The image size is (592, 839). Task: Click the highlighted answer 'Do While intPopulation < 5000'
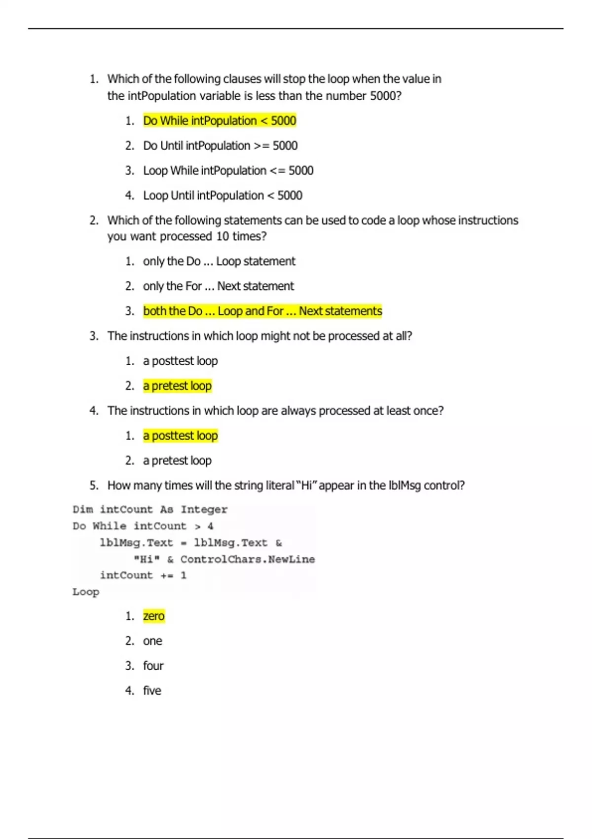click(x=220, y=121)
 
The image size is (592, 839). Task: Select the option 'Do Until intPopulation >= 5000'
click(x=220, y=146)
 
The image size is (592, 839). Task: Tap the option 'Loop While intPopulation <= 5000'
click(x=228, y=171)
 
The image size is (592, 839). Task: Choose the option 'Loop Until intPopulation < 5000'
click(x=222, y=195)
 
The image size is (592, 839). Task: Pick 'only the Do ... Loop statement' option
click(x=219, y=262)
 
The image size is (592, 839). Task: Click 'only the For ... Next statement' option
click(x=218, y=286)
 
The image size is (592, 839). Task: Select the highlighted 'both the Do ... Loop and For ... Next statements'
click(x=262, y=311)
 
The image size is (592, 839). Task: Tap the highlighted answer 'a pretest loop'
click(x=177, y=386)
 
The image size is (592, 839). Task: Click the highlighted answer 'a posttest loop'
click(x=180, y=436)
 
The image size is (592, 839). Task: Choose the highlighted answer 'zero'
click(x=153, y=616)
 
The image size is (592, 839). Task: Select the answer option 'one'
click(x=152, y=641)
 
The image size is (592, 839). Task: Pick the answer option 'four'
click(x=153, y=666)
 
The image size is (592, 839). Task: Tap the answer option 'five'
click(x=152, y=691)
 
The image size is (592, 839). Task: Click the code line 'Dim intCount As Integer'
click(x=150, y=509)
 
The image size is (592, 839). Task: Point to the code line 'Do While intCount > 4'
click(x=143, y=526)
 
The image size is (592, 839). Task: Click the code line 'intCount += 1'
click(x=143, y=575)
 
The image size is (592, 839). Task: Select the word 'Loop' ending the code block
click(x=86, y=592)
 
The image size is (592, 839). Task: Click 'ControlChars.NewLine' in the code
click(x=247, y=559)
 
